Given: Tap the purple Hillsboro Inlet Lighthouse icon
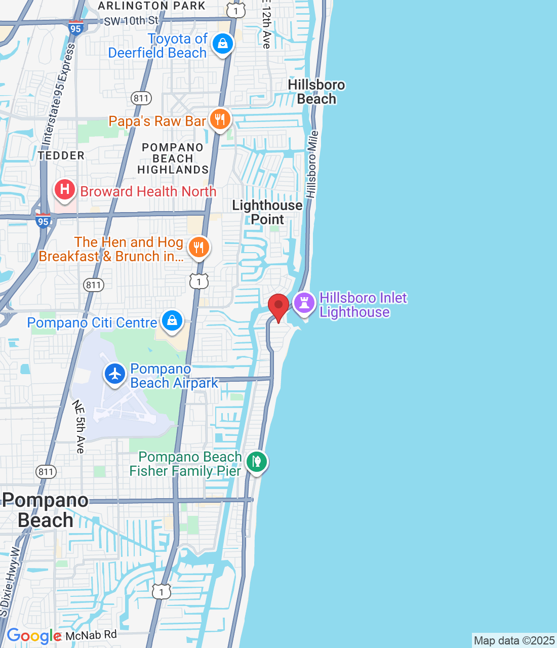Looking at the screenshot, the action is coord(304,304).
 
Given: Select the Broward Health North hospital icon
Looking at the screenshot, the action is coord(65,190).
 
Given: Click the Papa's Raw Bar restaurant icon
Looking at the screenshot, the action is coord(219,120).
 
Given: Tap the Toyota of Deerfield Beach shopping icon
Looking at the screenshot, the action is coord(222,44).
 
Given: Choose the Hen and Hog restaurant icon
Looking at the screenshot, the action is coord(198,248).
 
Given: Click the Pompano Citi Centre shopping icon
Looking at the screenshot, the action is coord(172,321).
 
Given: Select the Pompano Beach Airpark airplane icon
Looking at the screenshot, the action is coord(115,375).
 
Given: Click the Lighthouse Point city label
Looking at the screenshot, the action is coord(267,212).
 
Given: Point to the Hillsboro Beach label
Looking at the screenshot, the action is coord(316,92).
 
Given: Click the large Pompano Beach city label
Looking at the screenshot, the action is coord(45,510).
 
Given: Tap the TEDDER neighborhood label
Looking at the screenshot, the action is coord(61,155).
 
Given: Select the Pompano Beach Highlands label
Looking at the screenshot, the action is coord(173,158).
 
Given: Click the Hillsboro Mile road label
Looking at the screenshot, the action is coord(312,164).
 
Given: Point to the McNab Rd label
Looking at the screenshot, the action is coord(91,635).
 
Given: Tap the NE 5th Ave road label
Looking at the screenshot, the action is coord(79,426).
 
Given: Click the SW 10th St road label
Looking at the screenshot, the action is coord(131,21).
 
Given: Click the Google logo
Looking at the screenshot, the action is coord(34,636).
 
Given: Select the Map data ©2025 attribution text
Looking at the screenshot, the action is coord(514,640).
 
